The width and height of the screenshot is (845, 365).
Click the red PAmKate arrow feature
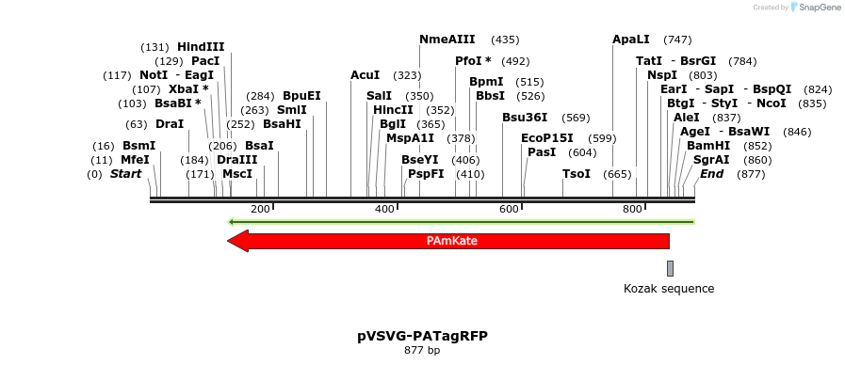[x=452, y=241]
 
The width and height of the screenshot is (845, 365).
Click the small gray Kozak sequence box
[x=670, y=268]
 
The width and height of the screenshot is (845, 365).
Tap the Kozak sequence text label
[x=669, y=289]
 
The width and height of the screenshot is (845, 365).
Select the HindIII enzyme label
[x=201, y=47]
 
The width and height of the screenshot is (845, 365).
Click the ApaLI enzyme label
[x=631, y=40]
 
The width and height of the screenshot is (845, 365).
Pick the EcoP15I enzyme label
[x=547, y=138]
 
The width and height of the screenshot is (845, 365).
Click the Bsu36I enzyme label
[x=525, y=118]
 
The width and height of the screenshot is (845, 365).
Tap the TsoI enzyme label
[x=577, y=174]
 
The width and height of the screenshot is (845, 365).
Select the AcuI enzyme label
[x=365, y=74]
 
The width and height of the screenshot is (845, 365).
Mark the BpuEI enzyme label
[x=301, y=96]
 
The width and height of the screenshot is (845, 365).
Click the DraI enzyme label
[x=170, y=124]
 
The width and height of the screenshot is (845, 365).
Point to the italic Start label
[x=125, y=174]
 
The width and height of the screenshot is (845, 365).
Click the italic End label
[x=711, y=174]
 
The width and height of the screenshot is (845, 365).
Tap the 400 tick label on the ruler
[x=385, y=209]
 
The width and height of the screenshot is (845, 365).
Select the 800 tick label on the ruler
[x=633, y=209]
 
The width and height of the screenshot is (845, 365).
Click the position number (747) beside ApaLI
[x=677, y=40]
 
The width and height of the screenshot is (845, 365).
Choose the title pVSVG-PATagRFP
[x=422, y=336]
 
